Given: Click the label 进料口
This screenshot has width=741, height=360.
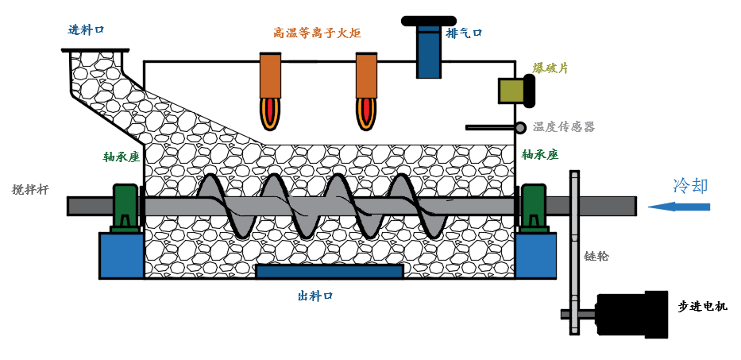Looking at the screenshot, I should click(x=87, y=30).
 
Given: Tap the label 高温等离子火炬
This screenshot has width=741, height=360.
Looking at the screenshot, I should click(x=317, y=33).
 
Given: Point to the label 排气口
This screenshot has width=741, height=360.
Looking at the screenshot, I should click(x=464, y=33).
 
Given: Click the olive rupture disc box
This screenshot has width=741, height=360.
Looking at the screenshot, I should click(x=511, y=91).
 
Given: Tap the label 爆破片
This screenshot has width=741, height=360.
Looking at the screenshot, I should click(x=550, y=68).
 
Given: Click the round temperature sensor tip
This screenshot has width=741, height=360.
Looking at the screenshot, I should click(x=520, y=127).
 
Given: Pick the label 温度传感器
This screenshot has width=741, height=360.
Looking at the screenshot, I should click(x=563, y=127).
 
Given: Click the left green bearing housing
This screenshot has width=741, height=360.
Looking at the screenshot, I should click(x=125, y=207).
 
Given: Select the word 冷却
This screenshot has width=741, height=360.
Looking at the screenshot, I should click(x=689, y=187).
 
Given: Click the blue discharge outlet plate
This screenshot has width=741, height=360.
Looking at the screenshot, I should click(x=329, y=272).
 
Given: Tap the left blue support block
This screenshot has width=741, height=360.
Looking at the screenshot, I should click(x=122, y=255).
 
